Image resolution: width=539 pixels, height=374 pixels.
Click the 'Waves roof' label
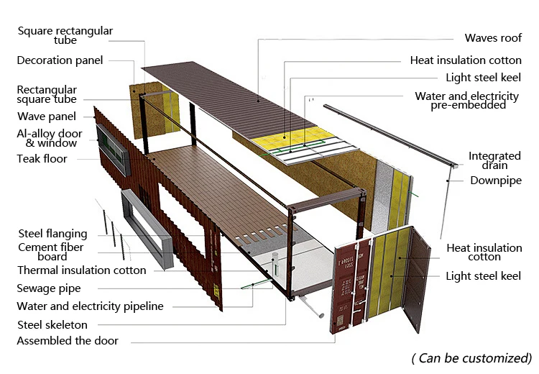click(493, 38)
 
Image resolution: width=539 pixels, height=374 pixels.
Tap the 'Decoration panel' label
click(60, 60)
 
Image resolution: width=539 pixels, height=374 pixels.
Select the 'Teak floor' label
click(42, 158)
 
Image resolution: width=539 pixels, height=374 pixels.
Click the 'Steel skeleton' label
click(52, 324)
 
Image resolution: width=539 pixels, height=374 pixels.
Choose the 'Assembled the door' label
click(68, 340)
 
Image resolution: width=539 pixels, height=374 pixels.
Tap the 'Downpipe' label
click(496, 181)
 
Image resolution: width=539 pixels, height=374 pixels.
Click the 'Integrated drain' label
click(494, 160)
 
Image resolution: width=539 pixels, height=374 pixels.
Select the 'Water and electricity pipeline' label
click(90, 306)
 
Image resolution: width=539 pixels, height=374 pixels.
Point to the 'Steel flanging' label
click(52, 234)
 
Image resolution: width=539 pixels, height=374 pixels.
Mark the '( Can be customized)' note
click(471, 357)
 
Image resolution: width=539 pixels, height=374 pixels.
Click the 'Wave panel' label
click(47, 117)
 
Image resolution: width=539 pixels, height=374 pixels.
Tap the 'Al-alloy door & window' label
click(50, 138)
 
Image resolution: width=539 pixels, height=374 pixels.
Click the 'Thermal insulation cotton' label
click(81, 270)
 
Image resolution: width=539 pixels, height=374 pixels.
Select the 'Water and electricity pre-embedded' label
click(466, 101)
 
